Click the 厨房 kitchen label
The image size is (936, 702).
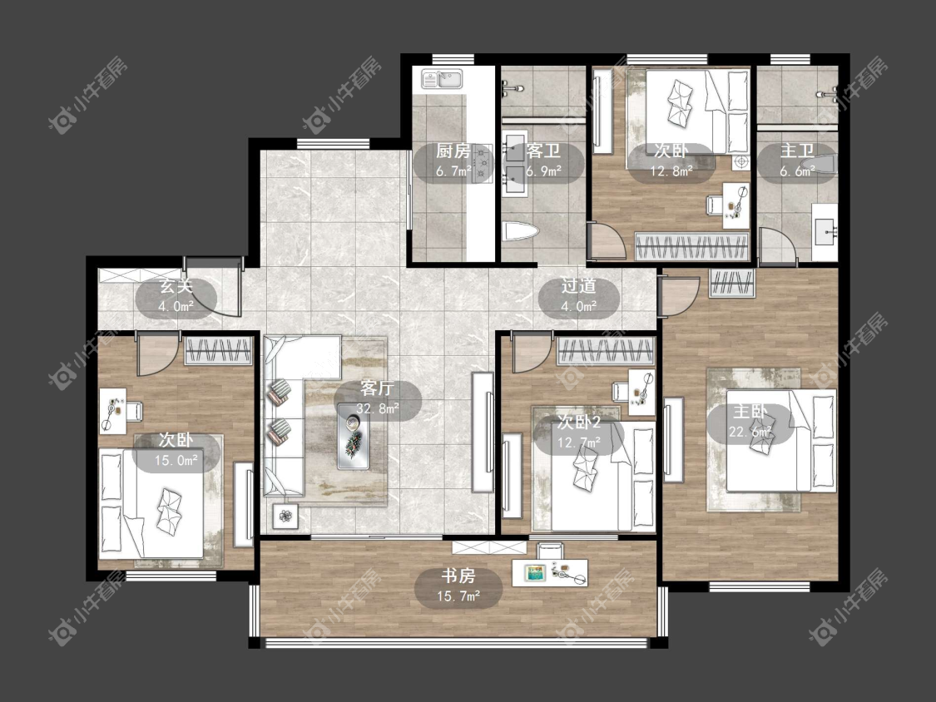(453, 151)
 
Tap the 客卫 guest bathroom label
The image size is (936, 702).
(543, 151)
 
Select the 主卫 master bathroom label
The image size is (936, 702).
(797, 151)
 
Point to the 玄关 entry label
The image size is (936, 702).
(176, 286)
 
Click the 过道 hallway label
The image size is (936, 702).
(578, 286)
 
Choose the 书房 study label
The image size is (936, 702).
(458, 576)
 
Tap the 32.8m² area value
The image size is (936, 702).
(377, 409)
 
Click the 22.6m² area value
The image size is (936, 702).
(750, 431)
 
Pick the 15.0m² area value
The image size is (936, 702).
(176, 460)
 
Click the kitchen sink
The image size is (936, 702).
(443, 79)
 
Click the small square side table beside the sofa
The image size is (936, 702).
(286, 515)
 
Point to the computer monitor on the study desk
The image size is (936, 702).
(535, 572)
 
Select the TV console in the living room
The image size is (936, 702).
(483, 432)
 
